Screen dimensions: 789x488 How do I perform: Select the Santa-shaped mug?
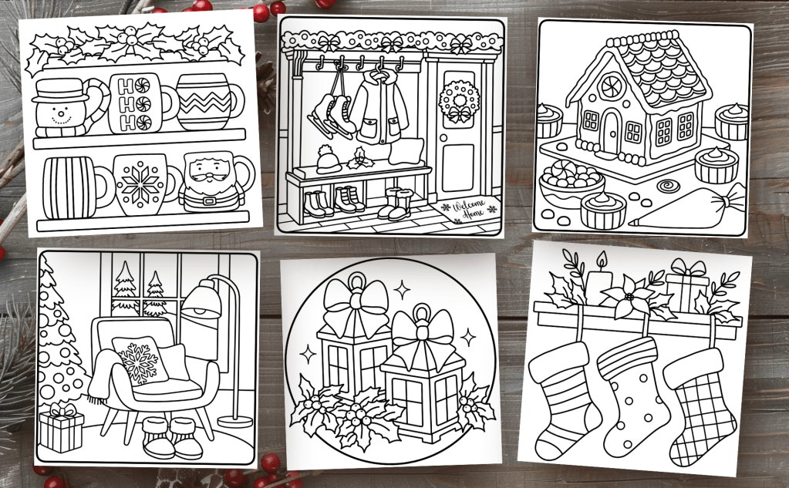tap(211, 183)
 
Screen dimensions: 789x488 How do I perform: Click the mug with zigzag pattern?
tap(206, 102)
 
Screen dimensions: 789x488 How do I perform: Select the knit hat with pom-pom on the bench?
tap(329, 160)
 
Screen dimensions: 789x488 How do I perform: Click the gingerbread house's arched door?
tap(612, 133)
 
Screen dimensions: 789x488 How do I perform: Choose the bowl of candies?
tap(571, 182)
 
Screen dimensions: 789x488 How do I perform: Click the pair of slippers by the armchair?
tap(171, 436)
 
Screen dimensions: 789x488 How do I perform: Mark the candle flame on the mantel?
tap(600, 260)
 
